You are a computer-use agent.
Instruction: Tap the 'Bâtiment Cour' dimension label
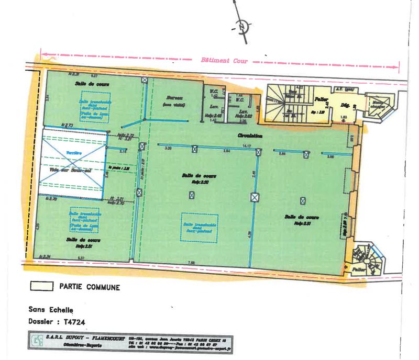[x=223, y=60]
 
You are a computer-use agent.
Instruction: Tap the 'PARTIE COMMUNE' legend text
[x=90, y=287]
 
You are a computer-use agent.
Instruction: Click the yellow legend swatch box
[x=41, y=287]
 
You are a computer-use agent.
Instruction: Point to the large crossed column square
[x=255, y=197]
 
